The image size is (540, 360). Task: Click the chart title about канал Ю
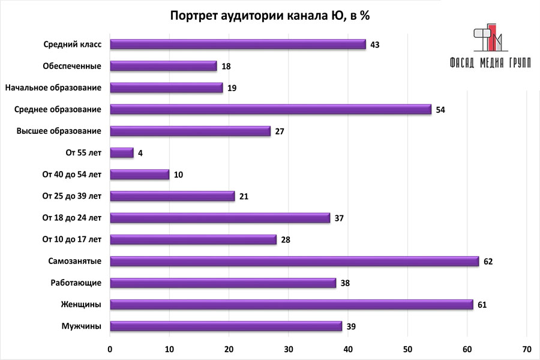[269, 16]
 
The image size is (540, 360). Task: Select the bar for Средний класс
[238, 44]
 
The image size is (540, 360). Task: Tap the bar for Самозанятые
[295, 261]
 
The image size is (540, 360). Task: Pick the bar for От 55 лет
[122, 153]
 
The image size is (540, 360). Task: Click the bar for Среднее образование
[271, 109]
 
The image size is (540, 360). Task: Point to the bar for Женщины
[292, 304]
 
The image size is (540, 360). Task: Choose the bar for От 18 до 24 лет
[220, 218]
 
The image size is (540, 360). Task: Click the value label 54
[440, 110]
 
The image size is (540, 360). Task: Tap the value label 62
[488, 262]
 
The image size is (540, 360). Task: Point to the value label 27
[279, 131]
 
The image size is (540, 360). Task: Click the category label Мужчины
[81, 326]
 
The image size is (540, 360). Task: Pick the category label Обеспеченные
[72, 66]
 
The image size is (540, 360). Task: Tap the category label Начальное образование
[53, 88]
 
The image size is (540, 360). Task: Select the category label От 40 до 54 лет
[72, 175]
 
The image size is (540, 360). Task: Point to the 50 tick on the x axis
[407, 349]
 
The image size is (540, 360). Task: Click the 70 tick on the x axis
[526, 349]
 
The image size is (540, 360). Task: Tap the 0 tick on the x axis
[110, 349]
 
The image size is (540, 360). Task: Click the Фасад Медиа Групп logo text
[490, 64]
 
